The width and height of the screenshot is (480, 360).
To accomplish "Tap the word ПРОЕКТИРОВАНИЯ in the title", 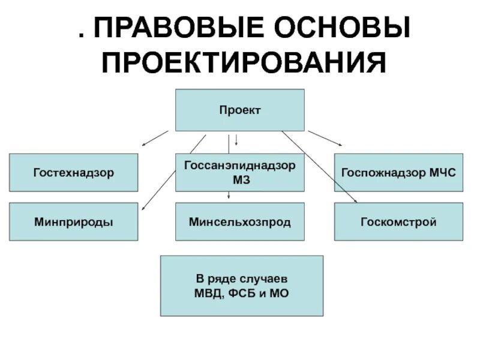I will point(243,62).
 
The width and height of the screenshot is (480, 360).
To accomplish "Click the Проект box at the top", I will point(239,110).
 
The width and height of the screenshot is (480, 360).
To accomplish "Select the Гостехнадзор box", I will point(73,173).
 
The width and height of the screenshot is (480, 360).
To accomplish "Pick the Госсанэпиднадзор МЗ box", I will point(239,173).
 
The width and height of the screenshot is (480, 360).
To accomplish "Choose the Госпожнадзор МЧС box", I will point(398,173).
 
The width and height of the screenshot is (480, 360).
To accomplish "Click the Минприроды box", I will point(73,222).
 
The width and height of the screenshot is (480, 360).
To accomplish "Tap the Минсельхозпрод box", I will point(239,222).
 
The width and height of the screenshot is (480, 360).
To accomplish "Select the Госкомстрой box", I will point(398,222).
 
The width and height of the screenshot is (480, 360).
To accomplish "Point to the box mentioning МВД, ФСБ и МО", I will point(241,286).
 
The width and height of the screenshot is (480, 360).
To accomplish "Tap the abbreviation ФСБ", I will point(246,293).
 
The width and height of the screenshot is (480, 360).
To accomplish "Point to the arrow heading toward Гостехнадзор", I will point(155,137).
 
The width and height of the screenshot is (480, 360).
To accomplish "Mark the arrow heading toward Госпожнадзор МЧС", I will point(325,137).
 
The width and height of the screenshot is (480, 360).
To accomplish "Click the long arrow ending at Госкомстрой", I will point(319,167).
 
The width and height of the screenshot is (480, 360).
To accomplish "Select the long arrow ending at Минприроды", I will point(172,172).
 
